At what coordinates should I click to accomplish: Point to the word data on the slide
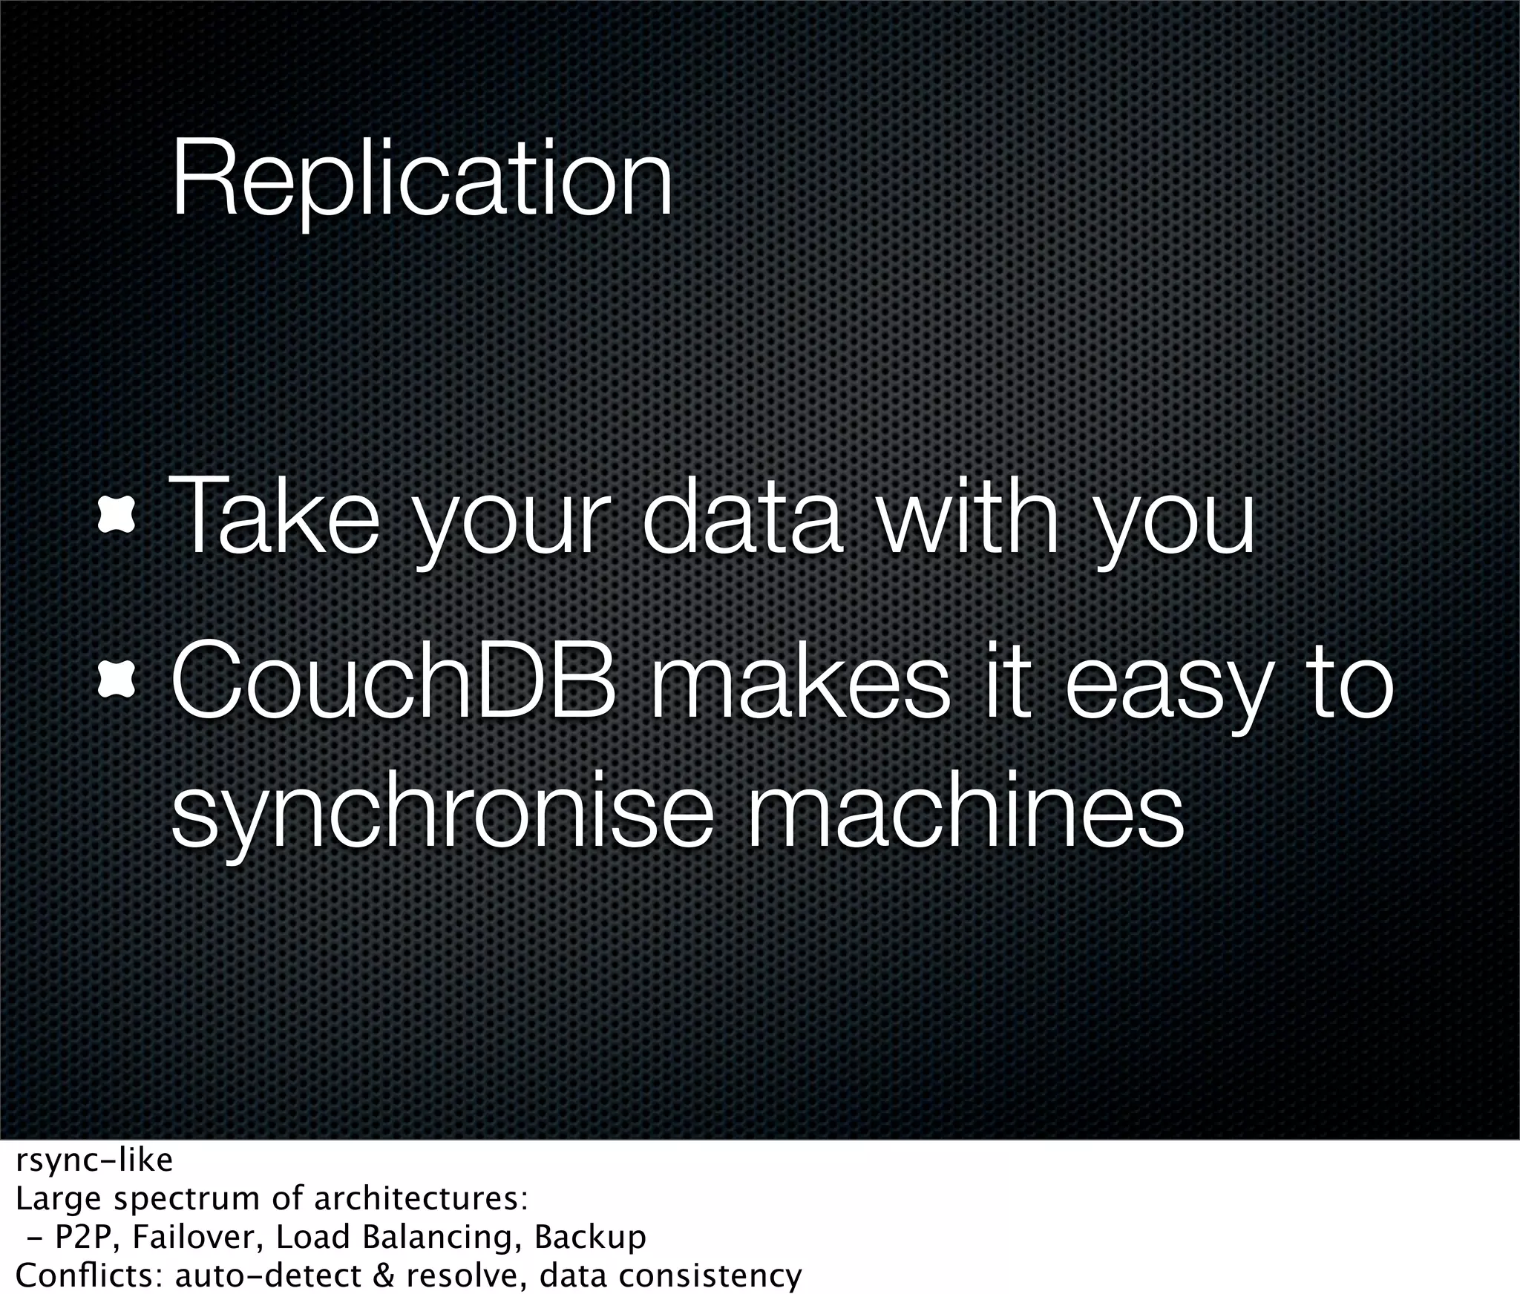(741, 516)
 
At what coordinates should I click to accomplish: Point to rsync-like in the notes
(94, 1160)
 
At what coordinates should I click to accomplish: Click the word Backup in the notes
(590, 1237)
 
